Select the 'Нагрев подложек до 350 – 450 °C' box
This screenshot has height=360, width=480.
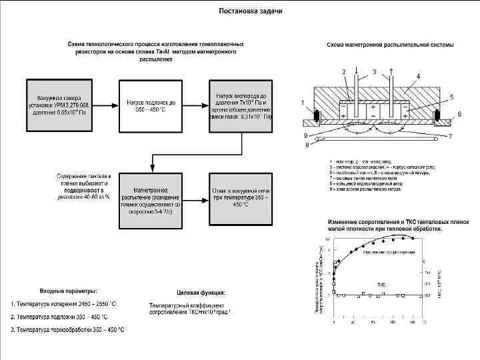(x=151, y=106)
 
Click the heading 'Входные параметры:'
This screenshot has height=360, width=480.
(x=69, y=291)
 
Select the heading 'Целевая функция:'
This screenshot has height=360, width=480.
(x=201, y=292)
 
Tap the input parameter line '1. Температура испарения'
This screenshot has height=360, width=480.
(x=63, y=304)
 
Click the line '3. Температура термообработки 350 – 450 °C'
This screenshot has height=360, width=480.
(x=67, y=330)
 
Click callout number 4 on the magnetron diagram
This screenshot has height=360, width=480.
(x=418, y=77)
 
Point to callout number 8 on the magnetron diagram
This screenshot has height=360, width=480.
(x=307, y=144)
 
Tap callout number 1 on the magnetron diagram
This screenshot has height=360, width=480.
(x=304, y=103)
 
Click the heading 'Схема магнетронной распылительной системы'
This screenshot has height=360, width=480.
(x=390, y=45)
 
